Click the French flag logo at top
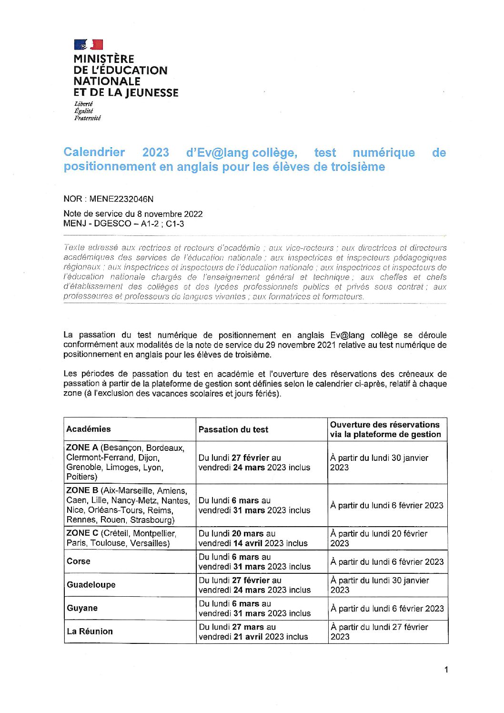point(89,45)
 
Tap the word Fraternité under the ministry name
point(87,118)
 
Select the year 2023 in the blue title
point(156,153)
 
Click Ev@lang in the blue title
point(217,153)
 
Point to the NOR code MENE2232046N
point(121,199)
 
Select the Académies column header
point(89,429)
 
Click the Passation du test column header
point(233,429)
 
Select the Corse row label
point(79,561)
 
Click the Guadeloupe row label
point(91,585)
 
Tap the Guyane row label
point(82,608)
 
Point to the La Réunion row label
point(90,632)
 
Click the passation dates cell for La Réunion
point(253,632)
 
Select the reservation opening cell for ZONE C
point(379,539)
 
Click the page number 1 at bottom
point(446,670)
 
